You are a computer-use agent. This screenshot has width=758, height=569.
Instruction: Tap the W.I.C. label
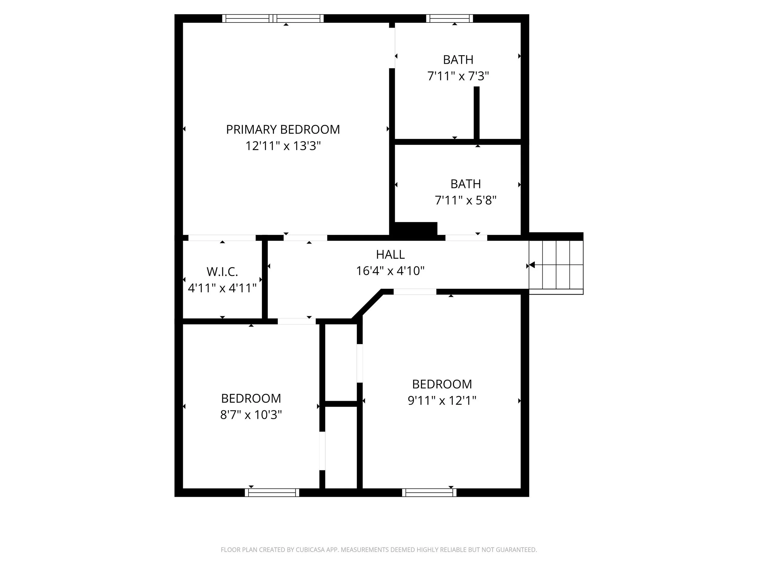tap(222, 272)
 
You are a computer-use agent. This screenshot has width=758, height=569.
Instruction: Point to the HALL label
tap(390, 255)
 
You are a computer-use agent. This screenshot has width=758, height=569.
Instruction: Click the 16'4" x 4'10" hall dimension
tap(390, 271)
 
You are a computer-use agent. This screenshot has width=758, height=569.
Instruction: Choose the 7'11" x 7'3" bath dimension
tap(458, 76)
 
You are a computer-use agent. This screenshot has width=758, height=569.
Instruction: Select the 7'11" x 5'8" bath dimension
tap(465, 200)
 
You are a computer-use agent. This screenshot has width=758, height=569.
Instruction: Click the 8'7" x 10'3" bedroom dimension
tap(251, 415)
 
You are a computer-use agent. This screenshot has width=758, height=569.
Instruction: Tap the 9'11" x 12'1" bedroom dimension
tap(442, 401)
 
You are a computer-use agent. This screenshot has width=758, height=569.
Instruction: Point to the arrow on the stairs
tap(532, 265)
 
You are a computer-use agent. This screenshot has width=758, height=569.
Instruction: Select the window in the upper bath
tap(449, 19)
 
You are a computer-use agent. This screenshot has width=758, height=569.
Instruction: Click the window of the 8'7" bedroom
tap(272, 493)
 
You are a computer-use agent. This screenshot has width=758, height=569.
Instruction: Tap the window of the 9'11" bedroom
tap(429, 493)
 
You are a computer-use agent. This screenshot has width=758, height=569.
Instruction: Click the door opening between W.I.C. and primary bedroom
tap(222, 238)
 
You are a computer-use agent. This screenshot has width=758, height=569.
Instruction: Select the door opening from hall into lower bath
tap(466, 238)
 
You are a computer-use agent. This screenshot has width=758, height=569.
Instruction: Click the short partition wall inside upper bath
tap(476, 113)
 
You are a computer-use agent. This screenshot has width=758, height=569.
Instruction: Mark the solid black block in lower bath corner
tap(416, 229)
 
